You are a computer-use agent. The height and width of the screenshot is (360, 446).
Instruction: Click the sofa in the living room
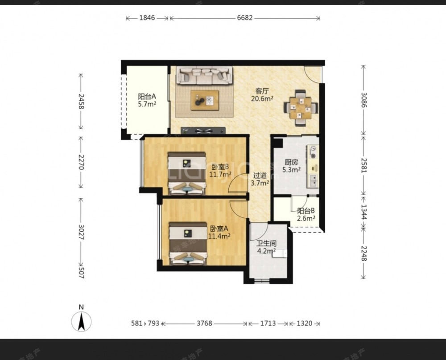click(x=204, y=75)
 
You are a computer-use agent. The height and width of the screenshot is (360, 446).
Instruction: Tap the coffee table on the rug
click(x=205, y=100)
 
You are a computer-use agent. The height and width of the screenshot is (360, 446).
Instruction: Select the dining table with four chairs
click(x=301, y=108)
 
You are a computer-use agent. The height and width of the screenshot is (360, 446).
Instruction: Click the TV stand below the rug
click(x=203, y=131)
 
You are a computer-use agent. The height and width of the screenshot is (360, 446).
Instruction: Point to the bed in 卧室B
click(x=186, y=173)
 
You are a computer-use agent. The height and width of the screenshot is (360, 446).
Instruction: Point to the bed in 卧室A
click(x=188, y=244)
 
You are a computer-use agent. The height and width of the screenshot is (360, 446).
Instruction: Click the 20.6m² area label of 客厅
click(x=262, y=99)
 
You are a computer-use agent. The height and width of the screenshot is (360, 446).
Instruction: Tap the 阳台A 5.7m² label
click(x=147, y=100)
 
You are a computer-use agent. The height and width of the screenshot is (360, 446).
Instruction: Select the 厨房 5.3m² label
click(x=292, y=166)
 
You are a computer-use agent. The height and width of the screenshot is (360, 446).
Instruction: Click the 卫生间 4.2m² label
click(x=267, y=247)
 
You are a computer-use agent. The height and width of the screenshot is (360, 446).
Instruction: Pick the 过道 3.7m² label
click(x=260, y=179)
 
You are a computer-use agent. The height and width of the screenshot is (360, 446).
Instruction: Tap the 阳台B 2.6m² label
click(x=306, y=214)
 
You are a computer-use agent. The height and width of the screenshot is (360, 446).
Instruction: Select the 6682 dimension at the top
click(x=244, y=18)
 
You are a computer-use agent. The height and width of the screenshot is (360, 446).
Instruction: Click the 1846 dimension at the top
click(x=147, y=18)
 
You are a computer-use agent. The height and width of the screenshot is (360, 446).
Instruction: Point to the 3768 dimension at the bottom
click(x=204, y=323)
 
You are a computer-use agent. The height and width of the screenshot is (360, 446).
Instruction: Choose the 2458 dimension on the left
click(x=81, y=101)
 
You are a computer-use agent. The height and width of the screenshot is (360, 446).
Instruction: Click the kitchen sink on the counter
click(x=313, y=180)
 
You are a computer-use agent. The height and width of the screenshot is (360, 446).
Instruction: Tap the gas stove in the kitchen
click(x=313, y=152)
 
